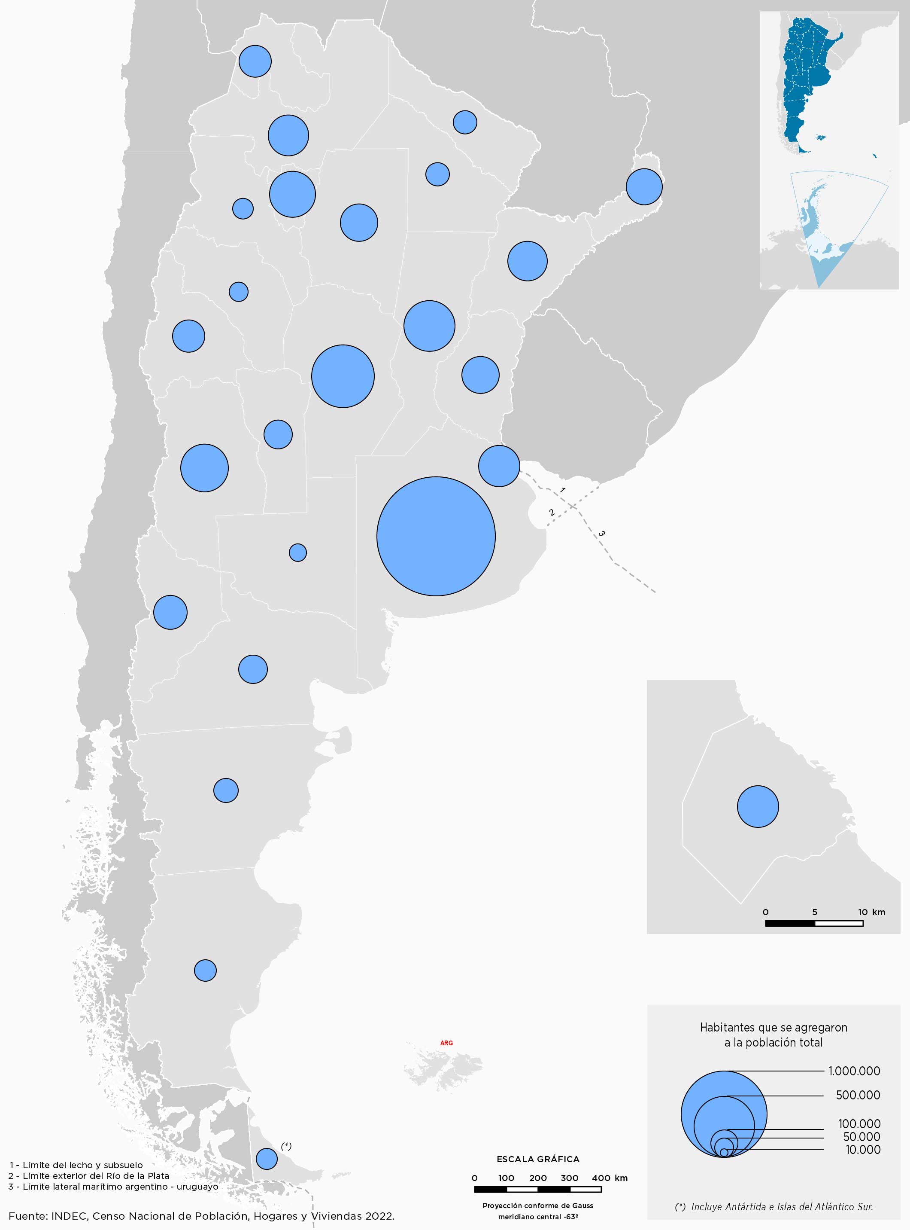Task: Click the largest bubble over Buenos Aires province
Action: click(x=436, y=536)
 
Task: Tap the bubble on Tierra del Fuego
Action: click(x=267, y=1158)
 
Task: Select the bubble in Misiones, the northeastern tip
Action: click(x=644, y=186)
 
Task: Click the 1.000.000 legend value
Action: click(x=854, y=1071)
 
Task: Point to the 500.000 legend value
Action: click(x=858, y=1095)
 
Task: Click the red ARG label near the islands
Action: click(x=446, y=1043)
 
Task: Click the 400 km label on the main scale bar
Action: click(x=609, y=1178)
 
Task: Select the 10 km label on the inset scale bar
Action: click(x=871, y=912)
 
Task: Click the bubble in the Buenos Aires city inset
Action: click(x=758, y=806)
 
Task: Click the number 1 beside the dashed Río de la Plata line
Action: click(x=562, y=490)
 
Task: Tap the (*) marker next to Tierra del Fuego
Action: click(x=286, y=1146)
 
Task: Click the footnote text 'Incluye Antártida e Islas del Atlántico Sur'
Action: click(x=782, y=1207)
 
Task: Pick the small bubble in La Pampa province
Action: click(x=297, y=552)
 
